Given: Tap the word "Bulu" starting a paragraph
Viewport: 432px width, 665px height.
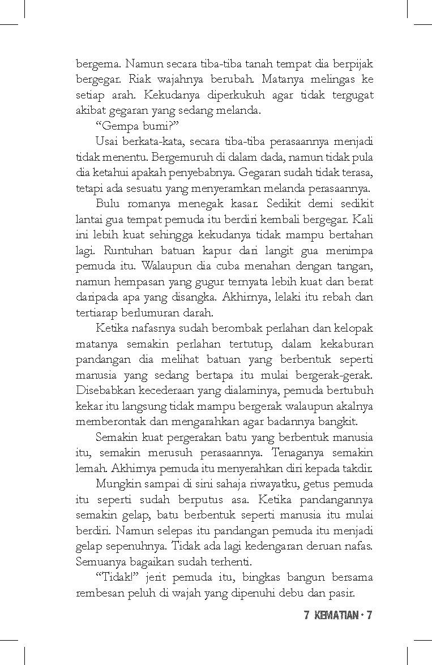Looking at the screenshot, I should pyautogui.click(x=108, y=203).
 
